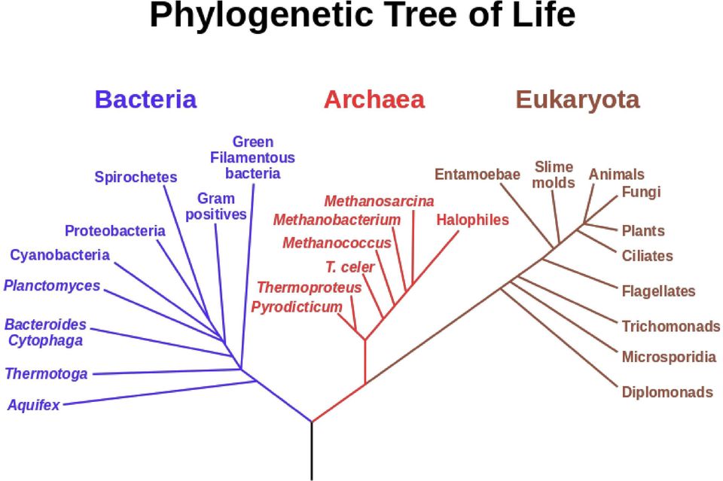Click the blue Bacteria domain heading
coord(145,99)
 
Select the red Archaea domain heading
coord(374,99)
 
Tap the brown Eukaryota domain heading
coord(578,100)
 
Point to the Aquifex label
coord(34,405)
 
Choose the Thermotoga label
coord(46,373)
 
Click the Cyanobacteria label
coord(60,254)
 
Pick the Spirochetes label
coord(136,177)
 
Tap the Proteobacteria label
coord(114,230)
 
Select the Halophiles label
coord(473,220)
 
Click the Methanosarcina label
coord(379,201)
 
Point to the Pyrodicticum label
coord(297,307)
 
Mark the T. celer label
coord(350,266)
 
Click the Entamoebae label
coord(477,174)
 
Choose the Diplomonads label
coord(667,392)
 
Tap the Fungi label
coord(641,192)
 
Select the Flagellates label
coord(658,291)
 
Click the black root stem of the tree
coord(312,451)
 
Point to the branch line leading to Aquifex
coord(160,393)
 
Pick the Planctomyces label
coord(52,285)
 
